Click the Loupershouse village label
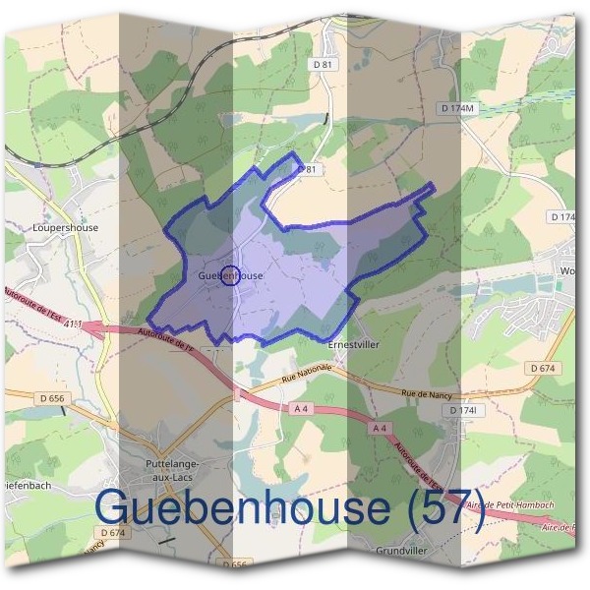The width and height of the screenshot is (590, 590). click(x=66, y=227)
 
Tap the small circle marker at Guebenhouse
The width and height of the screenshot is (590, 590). click(x=230, y=275)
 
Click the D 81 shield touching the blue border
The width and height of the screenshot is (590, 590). click(x=310, y=169)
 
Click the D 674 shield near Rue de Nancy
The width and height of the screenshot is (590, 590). click(x=542, y=367)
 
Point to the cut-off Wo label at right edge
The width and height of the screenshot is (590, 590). click(x=567, y=269)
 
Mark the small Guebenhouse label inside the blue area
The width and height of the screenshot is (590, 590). click(x=230, y=276)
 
